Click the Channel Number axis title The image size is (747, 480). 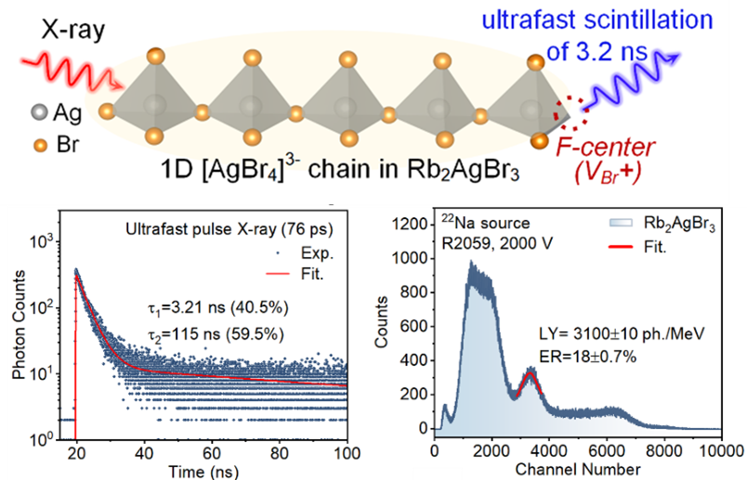coord(576,470)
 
